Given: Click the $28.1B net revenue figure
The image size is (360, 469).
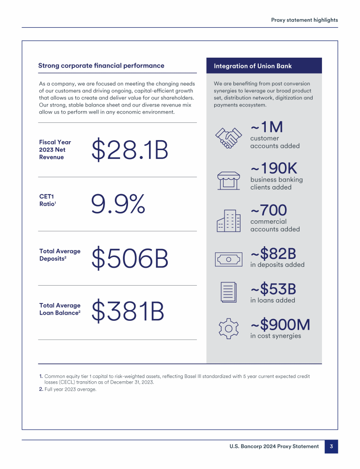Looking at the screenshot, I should (x=130, y=150).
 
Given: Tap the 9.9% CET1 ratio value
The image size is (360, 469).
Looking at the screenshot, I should (x=118, y=204).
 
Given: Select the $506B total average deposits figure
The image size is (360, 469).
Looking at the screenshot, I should (x=130, y=258).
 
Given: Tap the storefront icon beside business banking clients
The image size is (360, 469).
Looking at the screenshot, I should (x=228, y=179).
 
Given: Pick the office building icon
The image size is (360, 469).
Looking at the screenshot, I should (x=228, y=220).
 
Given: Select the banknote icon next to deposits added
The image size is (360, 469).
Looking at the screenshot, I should (x=228, y=258).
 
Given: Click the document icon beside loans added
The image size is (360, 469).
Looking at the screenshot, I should (x=228, y=292).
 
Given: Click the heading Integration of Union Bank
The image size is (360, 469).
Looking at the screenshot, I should (x=253, y=66).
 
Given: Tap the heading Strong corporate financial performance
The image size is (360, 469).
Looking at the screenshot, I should (x=101, y=66).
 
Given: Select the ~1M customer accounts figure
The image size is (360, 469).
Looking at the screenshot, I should (x=267, y=127).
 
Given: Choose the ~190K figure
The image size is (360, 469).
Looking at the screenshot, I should (x=274, y=168).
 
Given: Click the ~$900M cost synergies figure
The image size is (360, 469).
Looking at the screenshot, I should (x=280, y=325).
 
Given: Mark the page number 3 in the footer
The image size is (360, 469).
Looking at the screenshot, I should (x=331, y=446).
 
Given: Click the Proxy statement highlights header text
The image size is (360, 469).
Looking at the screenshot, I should (x=304, y=20).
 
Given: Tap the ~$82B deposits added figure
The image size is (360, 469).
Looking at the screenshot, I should (x=273, y=254).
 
